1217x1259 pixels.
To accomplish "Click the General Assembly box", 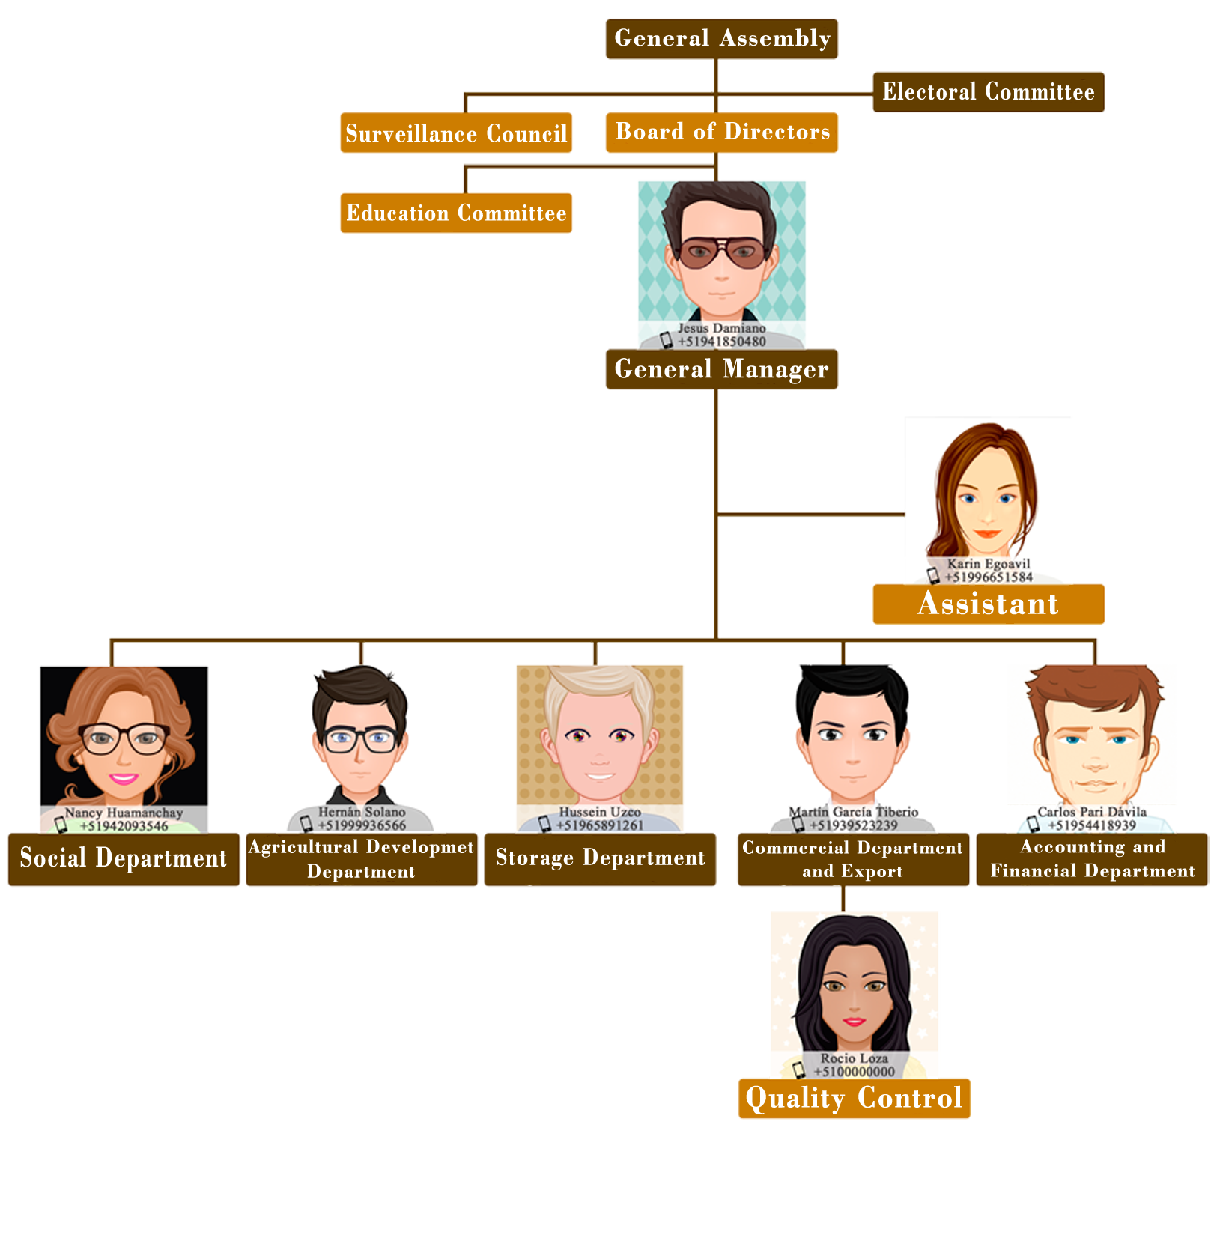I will [721, 38].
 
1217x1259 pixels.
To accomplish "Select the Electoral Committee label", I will [988, 92].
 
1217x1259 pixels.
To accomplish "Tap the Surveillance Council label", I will [456, 134].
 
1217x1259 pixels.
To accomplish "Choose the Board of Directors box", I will [722, 132].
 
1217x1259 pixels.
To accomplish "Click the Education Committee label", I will [456, 213].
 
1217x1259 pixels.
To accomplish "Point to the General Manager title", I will [720, 369].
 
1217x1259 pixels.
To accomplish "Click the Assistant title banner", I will [988, 604].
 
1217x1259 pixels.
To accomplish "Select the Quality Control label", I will [854, 1098].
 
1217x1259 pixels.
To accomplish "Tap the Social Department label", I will [123, 858].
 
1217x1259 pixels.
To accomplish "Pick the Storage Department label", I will [600, 858].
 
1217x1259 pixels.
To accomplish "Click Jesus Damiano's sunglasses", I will [722, 252].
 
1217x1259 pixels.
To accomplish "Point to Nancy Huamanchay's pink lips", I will [124, 778].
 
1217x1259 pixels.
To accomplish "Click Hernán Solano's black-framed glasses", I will [360, 739].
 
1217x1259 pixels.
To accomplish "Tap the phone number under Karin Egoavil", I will [989, 577].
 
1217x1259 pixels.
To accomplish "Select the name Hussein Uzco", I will [600, 812].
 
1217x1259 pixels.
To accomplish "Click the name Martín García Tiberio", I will [853, 812].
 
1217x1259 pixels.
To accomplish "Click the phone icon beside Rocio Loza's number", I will [799, 1070].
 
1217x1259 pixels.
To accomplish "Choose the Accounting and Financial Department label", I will [1092, 859].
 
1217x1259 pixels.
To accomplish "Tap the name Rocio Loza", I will [854, 1058].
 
